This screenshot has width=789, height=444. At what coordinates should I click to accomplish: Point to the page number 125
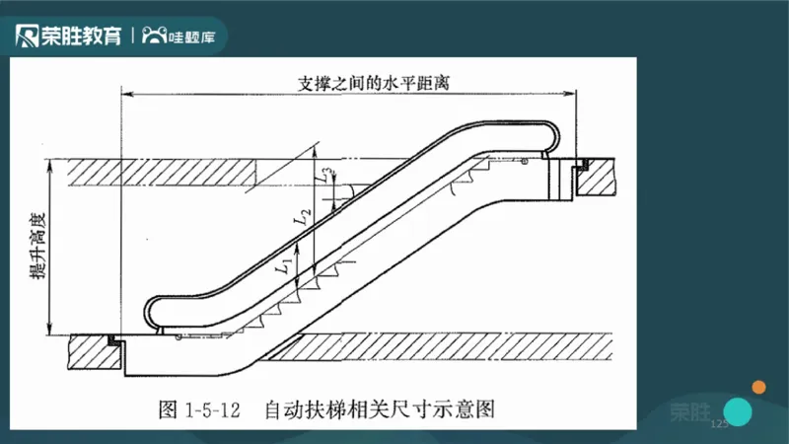pyautogui.click(x=718, y=423)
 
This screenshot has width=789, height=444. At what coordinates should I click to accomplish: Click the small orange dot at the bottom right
pyautogui.click(x=759, y=386)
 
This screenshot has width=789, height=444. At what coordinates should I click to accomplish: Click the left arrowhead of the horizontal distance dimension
pyautogui.click(x=125, y=96)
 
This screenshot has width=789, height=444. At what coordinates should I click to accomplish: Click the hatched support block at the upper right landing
pyautogui.click(x=599, y=176)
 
